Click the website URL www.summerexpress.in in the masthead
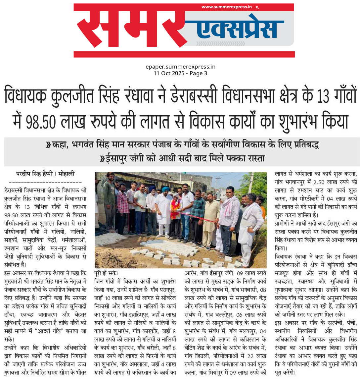point(226,7)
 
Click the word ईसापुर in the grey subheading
point(117,158)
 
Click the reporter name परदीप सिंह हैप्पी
point(34,174)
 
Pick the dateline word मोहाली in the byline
point(67,174)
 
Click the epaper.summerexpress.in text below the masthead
point(180,67)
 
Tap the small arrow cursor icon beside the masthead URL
point(257,7)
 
